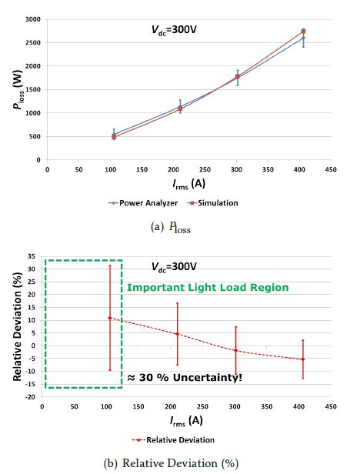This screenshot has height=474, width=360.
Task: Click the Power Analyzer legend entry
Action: click(x=143, y=203)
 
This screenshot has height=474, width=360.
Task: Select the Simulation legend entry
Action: click(x=212, y=203)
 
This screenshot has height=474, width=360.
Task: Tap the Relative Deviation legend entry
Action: click(x=173, y=440)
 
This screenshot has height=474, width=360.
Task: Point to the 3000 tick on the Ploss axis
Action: click(x=34, y=19)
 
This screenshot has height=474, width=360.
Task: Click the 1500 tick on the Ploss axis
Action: click(x=34, y=89)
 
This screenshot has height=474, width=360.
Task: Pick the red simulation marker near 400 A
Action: click(x=304, y=31)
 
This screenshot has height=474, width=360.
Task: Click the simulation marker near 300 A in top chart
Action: click(x=238, y=76)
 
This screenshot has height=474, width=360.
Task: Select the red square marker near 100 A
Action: click(x=114, y=137)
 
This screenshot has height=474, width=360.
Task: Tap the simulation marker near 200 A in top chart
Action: click(x=180, y=108)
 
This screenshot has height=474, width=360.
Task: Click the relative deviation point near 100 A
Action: click(x=110, y=318)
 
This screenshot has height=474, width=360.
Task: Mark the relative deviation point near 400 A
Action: click(x=303, y=359)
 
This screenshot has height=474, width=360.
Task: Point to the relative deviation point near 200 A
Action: click(x=178, y=334)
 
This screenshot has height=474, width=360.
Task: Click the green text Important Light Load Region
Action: click(x=208, y=287)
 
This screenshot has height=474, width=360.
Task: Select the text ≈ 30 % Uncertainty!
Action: click(x=185, y=378)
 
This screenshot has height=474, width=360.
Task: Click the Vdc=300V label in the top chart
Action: click(x=174, y=30)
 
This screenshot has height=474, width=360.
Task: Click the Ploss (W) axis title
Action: click(x=18, y=89)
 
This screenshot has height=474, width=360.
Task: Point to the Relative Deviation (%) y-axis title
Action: click(x=17, y=326)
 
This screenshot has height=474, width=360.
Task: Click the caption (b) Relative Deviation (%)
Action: click(x=171, y=463)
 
